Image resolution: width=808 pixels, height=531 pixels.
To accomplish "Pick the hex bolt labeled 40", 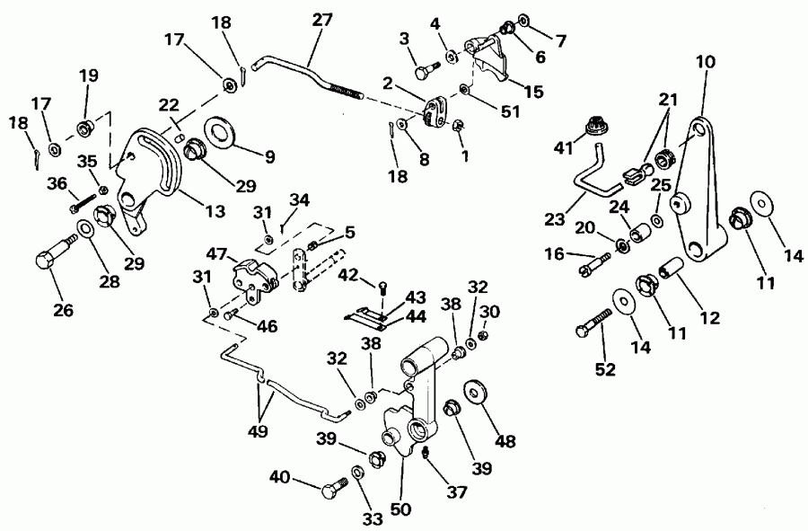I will click(x=335, y=491).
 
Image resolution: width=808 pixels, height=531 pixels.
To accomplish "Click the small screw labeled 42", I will click(x=383, y=287).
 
